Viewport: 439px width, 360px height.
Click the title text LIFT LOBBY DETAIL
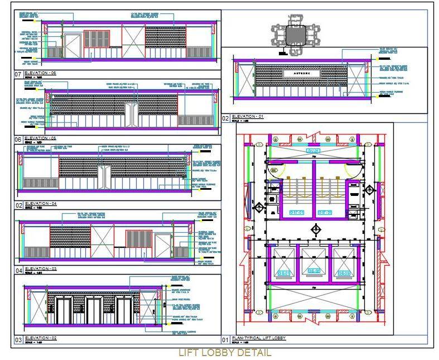point(224,353)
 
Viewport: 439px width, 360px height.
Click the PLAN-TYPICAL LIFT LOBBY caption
point(258,338)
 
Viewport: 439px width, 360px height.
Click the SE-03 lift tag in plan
point(342,273)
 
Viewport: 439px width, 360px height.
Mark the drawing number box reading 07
point(18,74)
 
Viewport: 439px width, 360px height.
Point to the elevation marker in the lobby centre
point(316,229)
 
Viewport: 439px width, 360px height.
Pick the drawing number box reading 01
point(225,339)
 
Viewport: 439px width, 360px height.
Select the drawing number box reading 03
point(18,339)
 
